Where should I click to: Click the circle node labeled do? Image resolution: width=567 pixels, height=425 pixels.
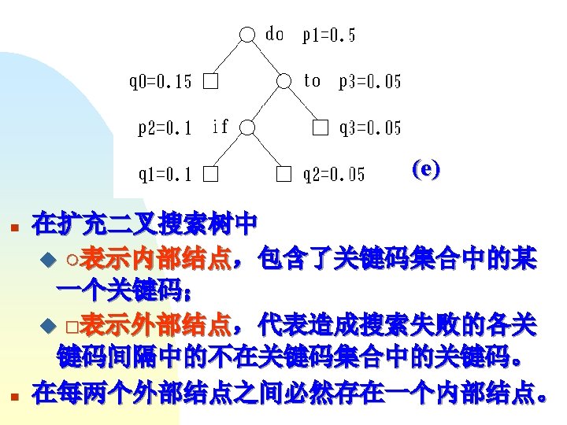point(248,35)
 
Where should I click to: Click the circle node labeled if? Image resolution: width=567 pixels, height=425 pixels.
point(248,127)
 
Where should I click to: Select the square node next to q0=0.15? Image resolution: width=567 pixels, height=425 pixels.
point(209,82)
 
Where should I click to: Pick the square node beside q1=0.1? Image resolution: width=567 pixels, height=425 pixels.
point(209,174)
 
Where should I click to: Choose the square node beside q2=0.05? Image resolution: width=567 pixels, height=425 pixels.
point(284,174)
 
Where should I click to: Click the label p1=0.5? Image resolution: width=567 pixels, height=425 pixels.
point(329,35)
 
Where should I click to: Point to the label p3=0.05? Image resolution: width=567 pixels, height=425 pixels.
point(369,82)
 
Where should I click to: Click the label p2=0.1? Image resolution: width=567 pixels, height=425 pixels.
point(165,128)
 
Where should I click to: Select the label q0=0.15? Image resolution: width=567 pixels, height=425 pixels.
point(160,82)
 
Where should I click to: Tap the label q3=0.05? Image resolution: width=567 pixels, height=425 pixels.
point(369,128)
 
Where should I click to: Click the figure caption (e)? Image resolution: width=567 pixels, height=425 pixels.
point(426,169)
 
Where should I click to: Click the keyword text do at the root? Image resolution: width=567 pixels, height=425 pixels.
point(275,34)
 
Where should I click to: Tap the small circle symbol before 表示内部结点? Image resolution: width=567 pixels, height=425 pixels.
point(72,259)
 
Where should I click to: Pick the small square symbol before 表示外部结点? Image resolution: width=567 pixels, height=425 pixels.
point(72,325)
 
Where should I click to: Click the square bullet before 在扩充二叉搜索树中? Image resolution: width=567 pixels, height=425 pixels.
point(13,228)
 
